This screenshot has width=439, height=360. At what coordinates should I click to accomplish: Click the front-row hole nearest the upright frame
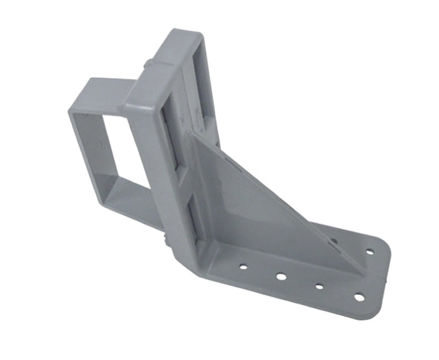(243, 264)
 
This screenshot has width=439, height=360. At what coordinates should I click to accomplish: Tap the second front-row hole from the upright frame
(281, 276)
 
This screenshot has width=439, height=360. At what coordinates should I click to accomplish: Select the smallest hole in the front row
(319, 287)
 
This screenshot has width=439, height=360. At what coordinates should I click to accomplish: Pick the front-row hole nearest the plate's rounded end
(359, 298)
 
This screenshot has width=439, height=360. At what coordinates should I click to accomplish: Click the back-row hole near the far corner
(369, 252)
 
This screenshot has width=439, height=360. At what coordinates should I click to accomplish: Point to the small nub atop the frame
(150, 64)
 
